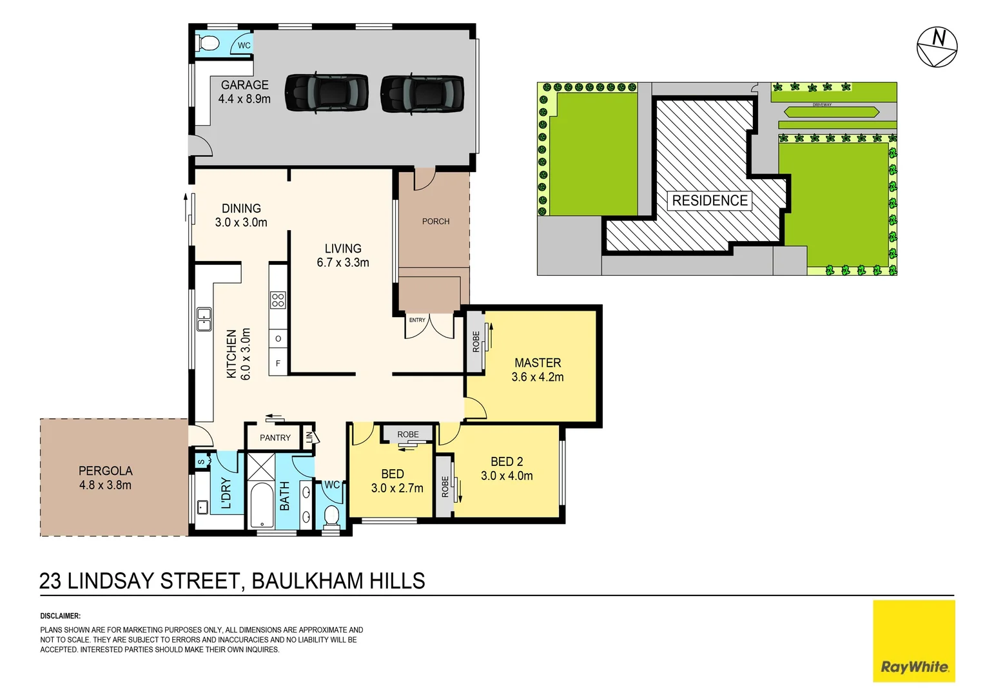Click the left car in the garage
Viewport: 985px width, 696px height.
coord(327,93)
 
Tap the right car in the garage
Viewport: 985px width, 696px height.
coord(422,94)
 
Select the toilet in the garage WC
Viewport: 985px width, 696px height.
coord(208,44)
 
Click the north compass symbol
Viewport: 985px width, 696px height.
coord(937,47)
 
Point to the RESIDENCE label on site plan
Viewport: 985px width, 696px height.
coord(710,200)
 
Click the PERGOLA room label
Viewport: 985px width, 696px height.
coord(105,471)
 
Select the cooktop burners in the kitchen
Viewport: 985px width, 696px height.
coord(278,300)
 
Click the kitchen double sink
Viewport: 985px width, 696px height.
coord(204,320)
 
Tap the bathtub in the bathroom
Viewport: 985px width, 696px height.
coord(262,505)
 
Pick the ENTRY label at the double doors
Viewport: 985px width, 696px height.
coord(417,320)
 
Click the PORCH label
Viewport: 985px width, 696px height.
coord(436,221)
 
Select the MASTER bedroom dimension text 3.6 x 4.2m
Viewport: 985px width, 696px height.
coord(537,377)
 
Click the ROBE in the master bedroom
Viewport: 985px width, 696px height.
coord(476,342)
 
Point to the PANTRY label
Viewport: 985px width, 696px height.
coord(275,438)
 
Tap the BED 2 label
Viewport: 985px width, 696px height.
coord(507,461)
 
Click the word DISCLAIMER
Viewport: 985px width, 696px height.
coord(60,616)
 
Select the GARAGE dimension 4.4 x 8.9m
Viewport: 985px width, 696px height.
coord(244,99)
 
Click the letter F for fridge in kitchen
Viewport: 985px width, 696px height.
coord(278,363)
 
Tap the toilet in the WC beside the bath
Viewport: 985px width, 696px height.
coord(331,516)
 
